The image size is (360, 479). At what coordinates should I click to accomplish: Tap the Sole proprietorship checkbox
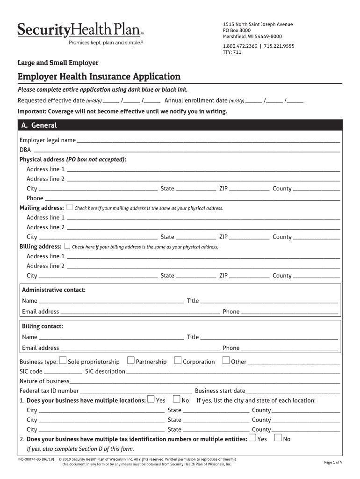(x=63, y=361)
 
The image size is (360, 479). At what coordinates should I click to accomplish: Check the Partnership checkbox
(x=131, y=360)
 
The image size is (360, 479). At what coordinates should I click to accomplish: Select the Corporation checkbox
(x=178, y=360)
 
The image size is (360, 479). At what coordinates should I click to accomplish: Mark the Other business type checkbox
(x=226, y=360)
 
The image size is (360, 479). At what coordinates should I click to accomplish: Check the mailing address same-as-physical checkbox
(x=70, y=207)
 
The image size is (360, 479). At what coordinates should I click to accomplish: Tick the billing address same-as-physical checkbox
(x=67, y=246)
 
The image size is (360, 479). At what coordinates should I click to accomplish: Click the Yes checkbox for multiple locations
(x=151, y=399)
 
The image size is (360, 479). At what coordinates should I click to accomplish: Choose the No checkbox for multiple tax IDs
(x=278, y=438)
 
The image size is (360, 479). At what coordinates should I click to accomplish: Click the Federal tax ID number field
(x=136, y=391)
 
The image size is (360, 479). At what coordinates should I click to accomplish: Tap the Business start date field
(x=293, y=391)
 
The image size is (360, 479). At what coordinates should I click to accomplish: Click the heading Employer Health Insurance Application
(x=99, y=76)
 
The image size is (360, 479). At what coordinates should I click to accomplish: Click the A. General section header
(x=39, y=125)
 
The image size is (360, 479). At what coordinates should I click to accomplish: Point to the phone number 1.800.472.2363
(x=240, y=46)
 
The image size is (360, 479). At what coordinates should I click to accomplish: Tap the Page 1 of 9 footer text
(x=333, y=462)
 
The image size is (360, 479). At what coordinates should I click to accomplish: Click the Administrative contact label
(x=54, y=290)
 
